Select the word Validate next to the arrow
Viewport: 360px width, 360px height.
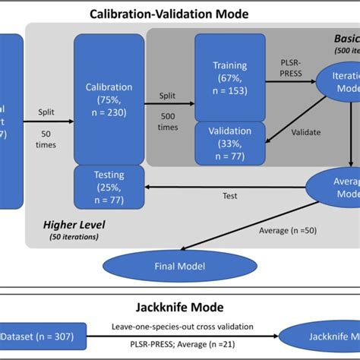coord(305,132)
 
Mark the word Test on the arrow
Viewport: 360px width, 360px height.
coord(229,195)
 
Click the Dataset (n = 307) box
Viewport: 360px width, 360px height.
coord(38,336)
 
